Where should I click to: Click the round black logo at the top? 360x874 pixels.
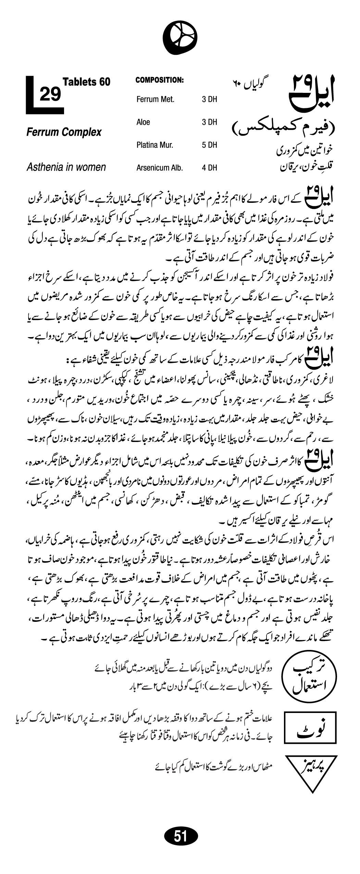[180, 38]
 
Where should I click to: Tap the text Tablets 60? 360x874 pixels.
[87, 82]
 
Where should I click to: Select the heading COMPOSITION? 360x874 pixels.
[160, 81]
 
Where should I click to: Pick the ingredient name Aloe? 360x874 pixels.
[143, 122]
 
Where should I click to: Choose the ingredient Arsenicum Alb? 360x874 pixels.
[160, 168]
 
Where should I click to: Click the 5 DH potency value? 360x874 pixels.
[209, 145]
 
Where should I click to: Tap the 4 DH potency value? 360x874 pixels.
[209, 168]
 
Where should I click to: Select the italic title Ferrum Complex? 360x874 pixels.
[64, 132]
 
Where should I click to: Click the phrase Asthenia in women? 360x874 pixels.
[66, 167]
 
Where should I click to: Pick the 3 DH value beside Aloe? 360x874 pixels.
[209, 122]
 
